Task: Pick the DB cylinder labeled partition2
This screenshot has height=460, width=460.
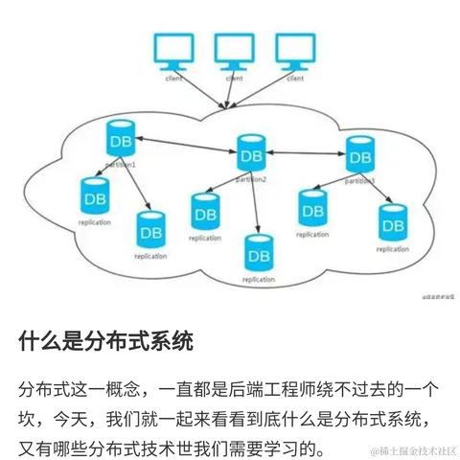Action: [251, 154]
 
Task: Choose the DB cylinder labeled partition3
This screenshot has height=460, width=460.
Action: [359, 153]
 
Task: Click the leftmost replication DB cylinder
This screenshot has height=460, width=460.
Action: [95, 196]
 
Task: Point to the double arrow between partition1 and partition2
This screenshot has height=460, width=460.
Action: [186, 146]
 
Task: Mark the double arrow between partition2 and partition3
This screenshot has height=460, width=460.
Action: [306, 152]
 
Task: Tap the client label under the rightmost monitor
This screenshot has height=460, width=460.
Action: [295, 78]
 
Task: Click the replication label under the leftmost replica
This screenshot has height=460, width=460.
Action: [95, 222]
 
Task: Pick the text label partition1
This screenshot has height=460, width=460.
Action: [121, 165]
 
